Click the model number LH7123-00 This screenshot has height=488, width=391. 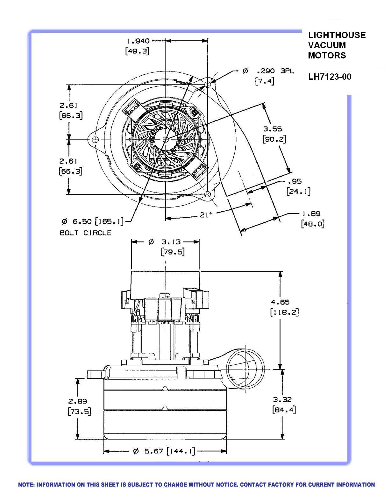tap(330, 77)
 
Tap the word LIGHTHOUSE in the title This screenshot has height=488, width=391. tap(337, 35)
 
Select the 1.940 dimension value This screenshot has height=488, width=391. tap(138, 41)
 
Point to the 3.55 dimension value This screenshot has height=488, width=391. tap(273, 129)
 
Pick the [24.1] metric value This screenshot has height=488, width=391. tap(298, 191)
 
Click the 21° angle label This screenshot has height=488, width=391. tap(206, 215)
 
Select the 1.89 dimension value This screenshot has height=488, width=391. tap(311, 213)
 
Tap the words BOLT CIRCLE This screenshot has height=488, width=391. tap(86, 233)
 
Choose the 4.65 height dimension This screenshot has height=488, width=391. tap(280, 302)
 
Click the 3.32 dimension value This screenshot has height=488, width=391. tap(282, 400)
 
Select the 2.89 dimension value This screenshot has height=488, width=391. tap(78, 401)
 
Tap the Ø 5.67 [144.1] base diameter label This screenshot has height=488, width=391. tap(164, 451)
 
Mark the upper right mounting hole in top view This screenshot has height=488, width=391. tap(208, 85)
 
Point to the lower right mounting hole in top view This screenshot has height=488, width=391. tap(208, 194)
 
